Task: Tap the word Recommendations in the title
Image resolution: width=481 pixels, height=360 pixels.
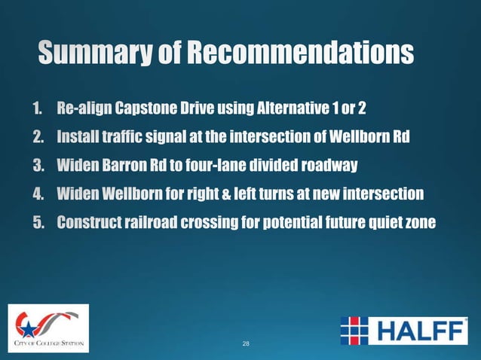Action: pos(300,54)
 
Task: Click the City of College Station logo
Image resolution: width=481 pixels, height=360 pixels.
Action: pos(49,328)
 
